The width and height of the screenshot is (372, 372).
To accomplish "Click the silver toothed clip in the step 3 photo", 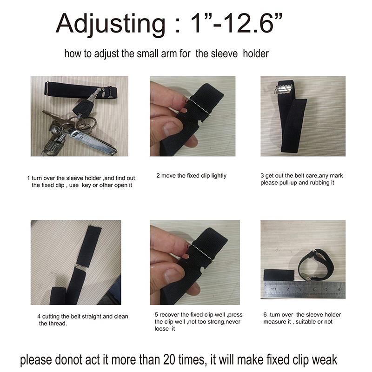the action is click(284, 87).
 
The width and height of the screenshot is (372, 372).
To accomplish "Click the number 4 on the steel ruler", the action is click(313, 290).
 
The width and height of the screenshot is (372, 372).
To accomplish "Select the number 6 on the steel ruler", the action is click(339, 290).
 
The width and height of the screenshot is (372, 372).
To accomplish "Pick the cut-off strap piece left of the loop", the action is click(279, 275).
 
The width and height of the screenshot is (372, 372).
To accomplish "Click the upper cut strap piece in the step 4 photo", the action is click(89, 246).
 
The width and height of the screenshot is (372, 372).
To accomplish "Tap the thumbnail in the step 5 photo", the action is click(173, 276).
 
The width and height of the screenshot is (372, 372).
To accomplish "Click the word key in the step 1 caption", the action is click(86, 185).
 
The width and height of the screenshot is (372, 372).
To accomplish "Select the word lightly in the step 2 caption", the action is click(219, 176).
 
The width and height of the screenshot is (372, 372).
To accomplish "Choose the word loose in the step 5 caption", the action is click(161, 329).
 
